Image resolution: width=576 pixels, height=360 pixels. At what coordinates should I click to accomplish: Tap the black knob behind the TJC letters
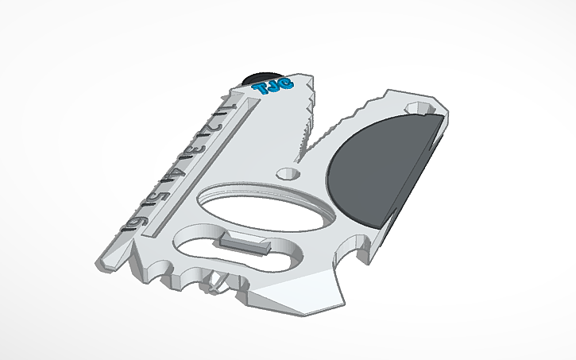pyautogui.click(x=259, y=77)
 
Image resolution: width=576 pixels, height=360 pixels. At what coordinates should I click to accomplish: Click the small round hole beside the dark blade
pyautogui.click(x=286, y=172)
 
